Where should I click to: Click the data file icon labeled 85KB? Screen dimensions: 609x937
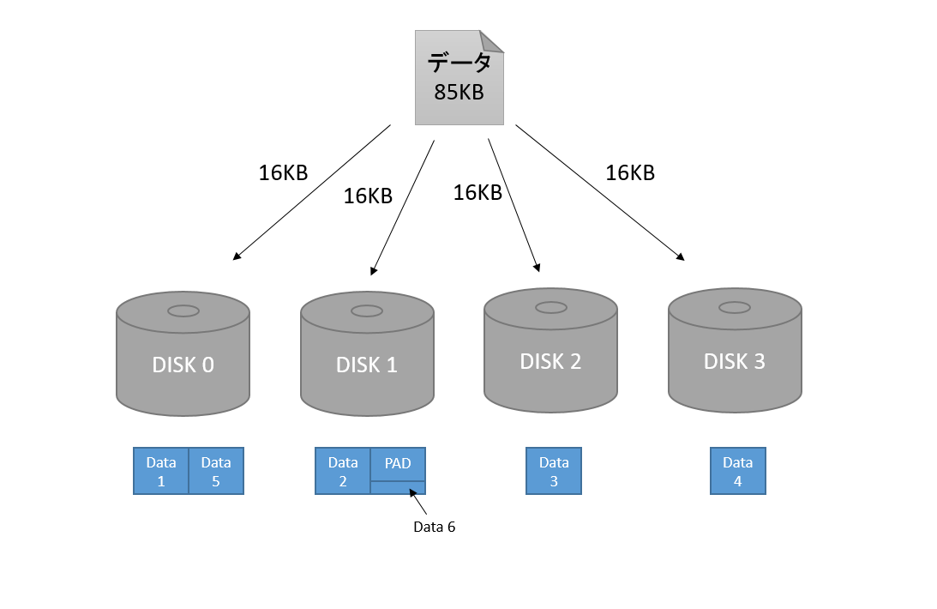pos(459,78)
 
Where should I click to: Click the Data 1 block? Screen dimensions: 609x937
pos(161,471)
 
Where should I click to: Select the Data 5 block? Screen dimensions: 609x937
pos(216,471)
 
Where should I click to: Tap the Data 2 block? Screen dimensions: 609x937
pos(343,471)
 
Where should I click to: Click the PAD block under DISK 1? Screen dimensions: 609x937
pos(398,464)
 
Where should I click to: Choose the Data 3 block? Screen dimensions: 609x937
pos(554,471)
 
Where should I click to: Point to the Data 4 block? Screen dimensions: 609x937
pos(737,471)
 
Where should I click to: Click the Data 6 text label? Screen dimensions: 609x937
pos(434,527)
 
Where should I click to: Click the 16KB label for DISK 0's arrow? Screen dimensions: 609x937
pos(283,173)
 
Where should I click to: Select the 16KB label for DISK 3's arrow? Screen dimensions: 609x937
pos(630,173)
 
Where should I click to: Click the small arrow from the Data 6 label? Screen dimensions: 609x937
pos(418,501)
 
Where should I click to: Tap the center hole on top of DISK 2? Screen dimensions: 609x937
pos(550,307)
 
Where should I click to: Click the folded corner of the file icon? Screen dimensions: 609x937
pos(491,41)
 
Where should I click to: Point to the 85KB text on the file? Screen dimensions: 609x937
pos(459,93)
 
